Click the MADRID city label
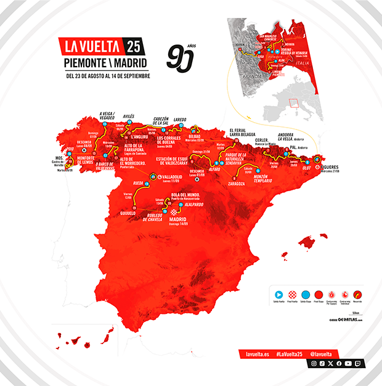click(177, 218)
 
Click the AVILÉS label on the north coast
click(129, 116)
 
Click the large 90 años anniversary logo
click(181, 59)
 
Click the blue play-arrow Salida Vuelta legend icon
click(278, 295)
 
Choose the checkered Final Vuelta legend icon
click(293, 295)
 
